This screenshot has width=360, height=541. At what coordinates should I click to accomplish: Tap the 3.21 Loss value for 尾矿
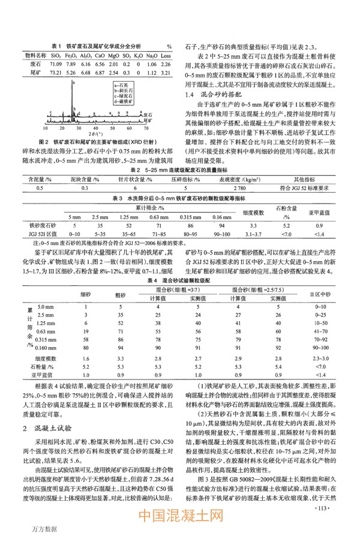coord(166,72)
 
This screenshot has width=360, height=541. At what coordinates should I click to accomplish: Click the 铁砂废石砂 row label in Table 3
coord(36,225)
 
